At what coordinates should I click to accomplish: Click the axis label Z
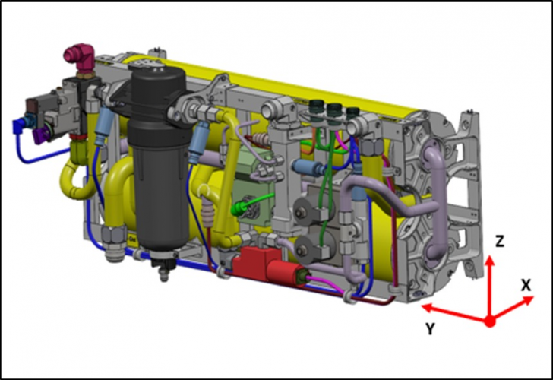click(x=500, y=242)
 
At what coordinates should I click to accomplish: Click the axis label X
click(x=526, y=285)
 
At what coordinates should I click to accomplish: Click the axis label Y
click(x=430, y=329)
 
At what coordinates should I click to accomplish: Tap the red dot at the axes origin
click(x=489, y=321)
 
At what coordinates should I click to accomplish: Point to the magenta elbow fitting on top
click(x=80, y=57)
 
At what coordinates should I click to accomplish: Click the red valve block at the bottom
click(x=268, y=267)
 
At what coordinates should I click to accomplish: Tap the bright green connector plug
click(x=237, y=210)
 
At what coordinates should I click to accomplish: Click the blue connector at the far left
click(x=20, y=125)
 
